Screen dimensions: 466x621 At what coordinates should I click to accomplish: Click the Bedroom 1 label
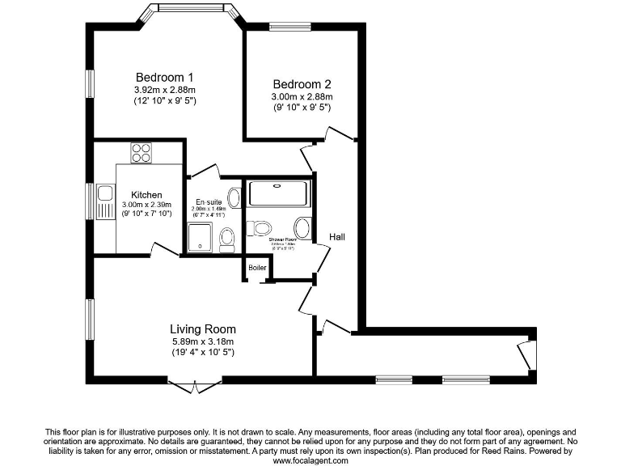164,78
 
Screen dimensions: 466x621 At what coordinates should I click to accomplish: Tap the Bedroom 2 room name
302,84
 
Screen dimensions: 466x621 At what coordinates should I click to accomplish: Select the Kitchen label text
146,195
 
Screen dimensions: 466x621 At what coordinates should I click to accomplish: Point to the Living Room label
202,329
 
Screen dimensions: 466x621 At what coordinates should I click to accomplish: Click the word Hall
337,237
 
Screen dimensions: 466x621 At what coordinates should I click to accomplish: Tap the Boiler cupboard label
257,268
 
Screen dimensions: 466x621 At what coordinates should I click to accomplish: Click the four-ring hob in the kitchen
141,152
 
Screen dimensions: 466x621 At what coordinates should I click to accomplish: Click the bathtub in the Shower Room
278,193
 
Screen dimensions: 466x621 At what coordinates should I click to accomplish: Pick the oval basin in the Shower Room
302,227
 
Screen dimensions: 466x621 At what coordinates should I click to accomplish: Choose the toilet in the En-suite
227,238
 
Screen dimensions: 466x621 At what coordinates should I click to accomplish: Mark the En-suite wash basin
234,197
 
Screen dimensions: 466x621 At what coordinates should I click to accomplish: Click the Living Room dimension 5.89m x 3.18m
202,341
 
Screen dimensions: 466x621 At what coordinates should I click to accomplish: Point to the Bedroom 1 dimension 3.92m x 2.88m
164,90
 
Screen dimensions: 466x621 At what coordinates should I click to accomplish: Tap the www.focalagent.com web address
310,460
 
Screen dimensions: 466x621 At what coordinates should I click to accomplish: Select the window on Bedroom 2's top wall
289,28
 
